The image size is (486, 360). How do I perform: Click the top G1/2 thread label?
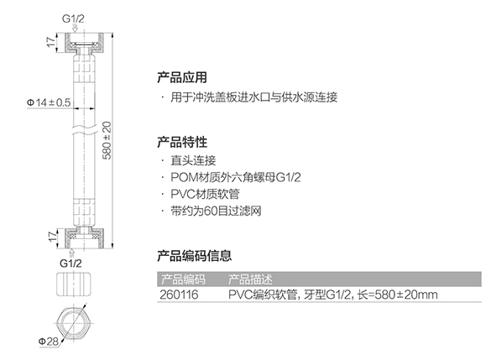(x=73, y=18)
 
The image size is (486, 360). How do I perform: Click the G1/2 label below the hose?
(x=71, y=263)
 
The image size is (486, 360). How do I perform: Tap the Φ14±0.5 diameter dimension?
(x=49, y=102)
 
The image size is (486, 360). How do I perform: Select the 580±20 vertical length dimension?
(x=107, y=140)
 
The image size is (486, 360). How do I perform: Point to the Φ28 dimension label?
(x=49, y=342)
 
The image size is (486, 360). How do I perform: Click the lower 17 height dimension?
(x=53, y=236)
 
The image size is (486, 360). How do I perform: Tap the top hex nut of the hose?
(x=84, y=43)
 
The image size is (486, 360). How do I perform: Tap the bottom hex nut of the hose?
(x=84, y=238)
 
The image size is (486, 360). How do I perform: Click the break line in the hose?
(x=84, y=130)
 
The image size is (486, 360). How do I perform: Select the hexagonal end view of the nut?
(x=74, y=324)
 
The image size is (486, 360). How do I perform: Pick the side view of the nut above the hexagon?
(x=74, y=284)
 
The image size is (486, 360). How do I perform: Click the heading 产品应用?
(x=182, y=77)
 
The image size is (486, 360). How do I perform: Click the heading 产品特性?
(x=182, y=142)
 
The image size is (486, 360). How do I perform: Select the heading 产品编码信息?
(x=195, y=256)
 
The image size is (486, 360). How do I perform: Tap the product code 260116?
(x=179, y=295)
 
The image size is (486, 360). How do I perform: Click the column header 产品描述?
(x=250, y=279)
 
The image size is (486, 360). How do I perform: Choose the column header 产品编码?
(x=183, y=279)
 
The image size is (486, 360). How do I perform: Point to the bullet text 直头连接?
(x=193, y=160)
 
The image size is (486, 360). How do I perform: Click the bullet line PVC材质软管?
(x=205, y=194)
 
